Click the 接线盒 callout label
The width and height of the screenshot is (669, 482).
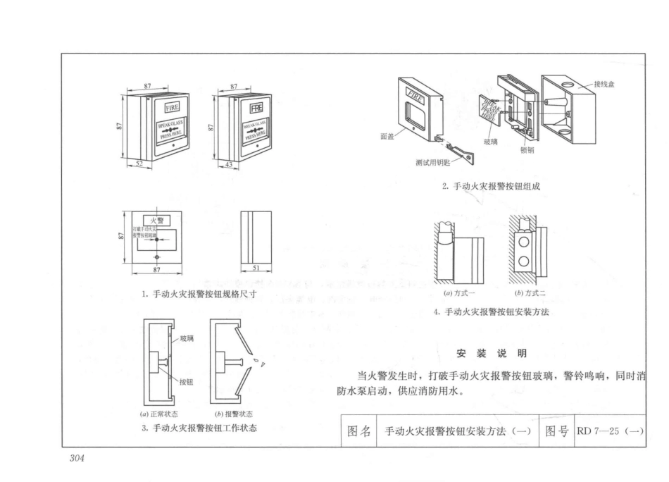point(605,85)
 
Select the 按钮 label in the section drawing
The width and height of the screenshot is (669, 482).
point(187,382)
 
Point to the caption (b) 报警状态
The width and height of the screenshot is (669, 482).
point(234,414)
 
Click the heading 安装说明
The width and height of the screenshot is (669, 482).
point(492,352)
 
